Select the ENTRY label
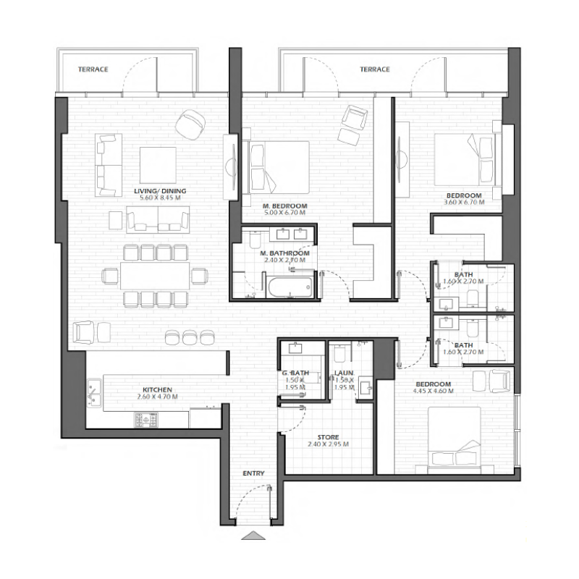253,474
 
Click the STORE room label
328,438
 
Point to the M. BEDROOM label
284,206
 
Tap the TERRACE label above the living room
93,69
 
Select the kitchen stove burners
144,420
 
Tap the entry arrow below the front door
253,536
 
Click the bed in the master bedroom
279,166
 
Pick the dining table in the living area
156,276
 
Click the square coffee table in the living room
158,164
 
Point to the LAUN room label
343,374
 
